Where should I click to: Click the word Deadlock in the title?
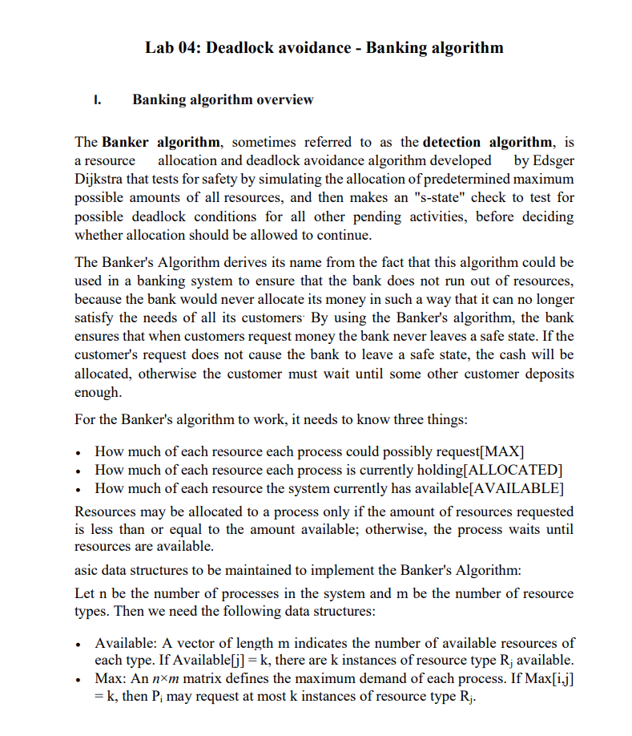click(240, 47)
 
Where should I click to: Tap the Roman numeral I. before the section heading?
click(98, 100)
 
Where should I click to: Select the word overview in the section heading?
click(284, 100)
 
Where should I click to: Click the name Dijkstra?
click(100, 179)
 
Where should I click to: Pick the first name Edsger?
click(549, 160)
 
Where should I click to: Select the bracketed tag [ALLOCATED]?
click(512, 470)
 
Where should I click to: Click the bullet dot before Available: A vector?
click(78, 644)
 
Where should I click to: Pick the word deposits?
click(545, 374)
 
